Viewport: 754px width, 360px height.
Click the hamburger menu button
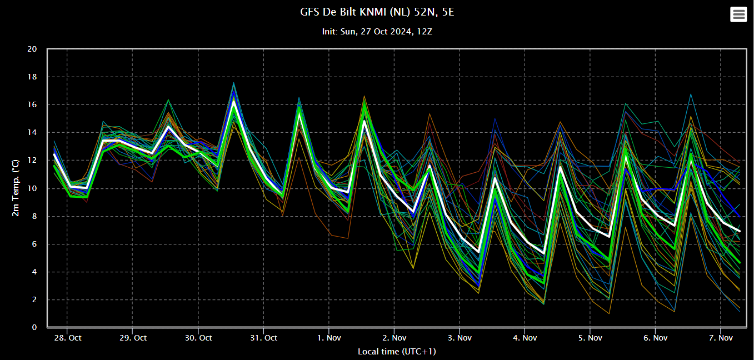coord(738,14)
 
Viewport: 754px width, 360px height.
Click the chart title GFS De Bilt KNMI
coord(376,12)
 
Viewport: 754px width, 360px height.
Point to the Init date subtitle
coord(377,32)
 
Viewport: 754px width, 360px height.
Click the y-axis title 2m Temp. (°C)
coord(16,188)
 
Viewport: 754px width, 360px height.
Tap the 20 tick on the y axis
coord(32,49)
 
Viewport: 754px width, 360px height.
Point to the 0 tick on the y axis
coord(34,328)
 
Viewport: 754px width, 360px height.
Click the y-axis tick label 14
coord(32,133)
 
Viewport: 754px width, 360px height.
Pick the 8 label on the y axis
coord(34,217)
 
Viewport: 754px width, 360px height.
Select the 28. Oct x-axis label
coord(67,338)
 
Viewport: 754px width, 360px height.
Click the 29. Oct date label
coord(133,338)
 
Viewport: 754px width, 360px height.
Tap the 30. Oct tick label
coord(198,338)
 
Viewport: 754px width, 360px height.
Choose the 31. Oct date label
coord(263,338)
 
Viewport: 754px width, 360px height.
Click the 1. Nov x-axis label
coord(328,338)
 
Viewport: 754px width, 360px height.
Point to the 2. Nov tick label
coord(394,338)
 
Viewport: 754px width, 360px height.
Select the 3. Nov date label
coord(459,338)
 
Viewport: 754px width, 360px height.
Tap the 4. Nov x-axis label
coord(525,338)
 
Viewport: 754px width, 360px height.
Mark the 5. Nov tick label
coord(590,338)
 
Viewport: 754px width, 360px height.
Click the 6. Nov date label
coord(655,338)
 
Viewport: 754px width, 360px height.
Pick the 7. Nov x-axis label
coord(720,338)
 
